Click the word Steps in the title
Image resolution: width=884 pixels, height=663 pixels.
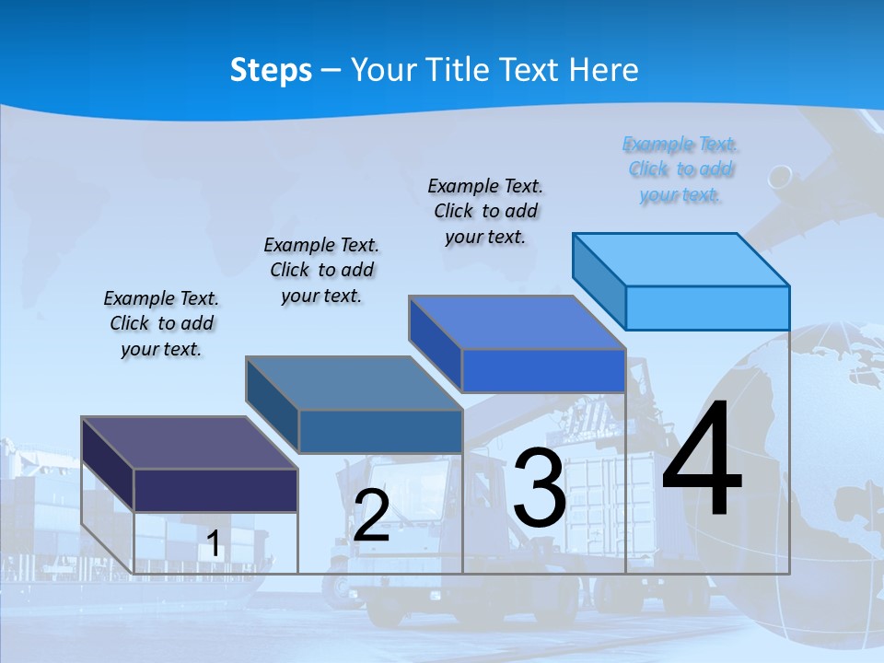coord(271,70)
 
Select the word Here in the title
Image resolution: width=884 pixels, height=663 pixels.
coord(604,70)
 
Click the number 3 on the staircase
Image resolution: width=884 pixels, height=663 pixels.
coord(540,488)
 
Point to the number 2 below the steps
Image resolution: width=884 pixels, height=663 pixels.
coord(371,516)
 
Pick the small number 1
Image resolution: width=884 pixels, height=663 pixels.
coord(214,543)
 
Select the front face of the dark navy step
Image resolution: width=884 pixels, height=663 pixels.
coord(215,490)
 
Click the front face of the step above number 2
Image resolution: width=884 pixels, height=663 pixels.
coord(380,431)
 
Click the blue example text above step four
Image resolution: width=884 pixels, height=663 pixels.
coord(680,169)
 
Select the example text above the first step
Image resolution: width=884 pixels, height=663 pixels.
coord(161,323)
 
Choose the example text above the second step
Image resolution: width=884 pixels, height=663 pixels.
coord(321,270)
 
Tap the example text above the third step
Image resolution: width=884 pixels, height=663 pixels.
coord(485,211)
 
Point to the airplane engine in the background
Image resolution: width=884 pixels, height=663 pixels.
coord(780,177)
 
